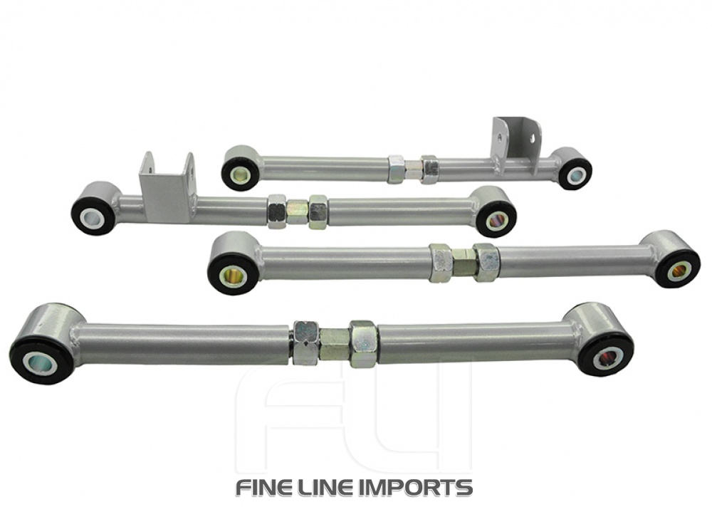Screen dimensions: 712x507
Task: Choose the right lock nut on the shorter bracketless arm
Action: click(x=486, y=263)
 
